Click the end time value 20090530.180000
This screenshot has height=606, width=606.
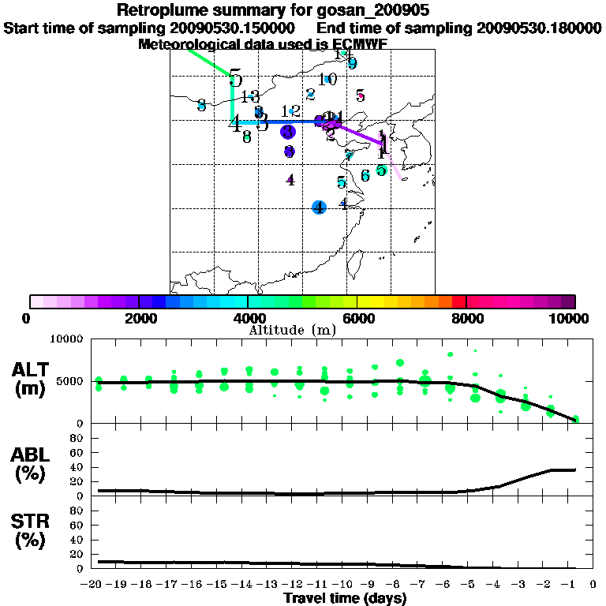coord(540,28)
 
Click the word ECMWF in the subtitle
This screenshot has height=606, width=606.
coord(356,44)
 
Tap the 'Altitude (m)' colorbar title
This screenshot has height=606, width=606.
coord(292,330)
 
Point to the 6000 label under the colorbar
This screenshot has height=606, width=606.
coord(357,318)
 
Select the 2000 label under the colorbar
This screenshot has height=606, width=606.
coord(138,318)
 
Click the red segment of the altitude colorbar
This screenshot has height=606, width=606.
coord(458,301)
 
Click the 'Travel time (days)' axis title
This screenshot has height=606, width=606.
coord(345,599)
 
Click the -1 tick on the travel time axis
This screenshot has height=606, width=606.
coord(574,585)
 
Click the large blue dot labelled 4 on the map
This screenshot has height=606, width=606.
coord(319,208)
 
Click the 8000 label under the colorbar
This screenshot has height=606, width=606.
coord(466,318)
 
